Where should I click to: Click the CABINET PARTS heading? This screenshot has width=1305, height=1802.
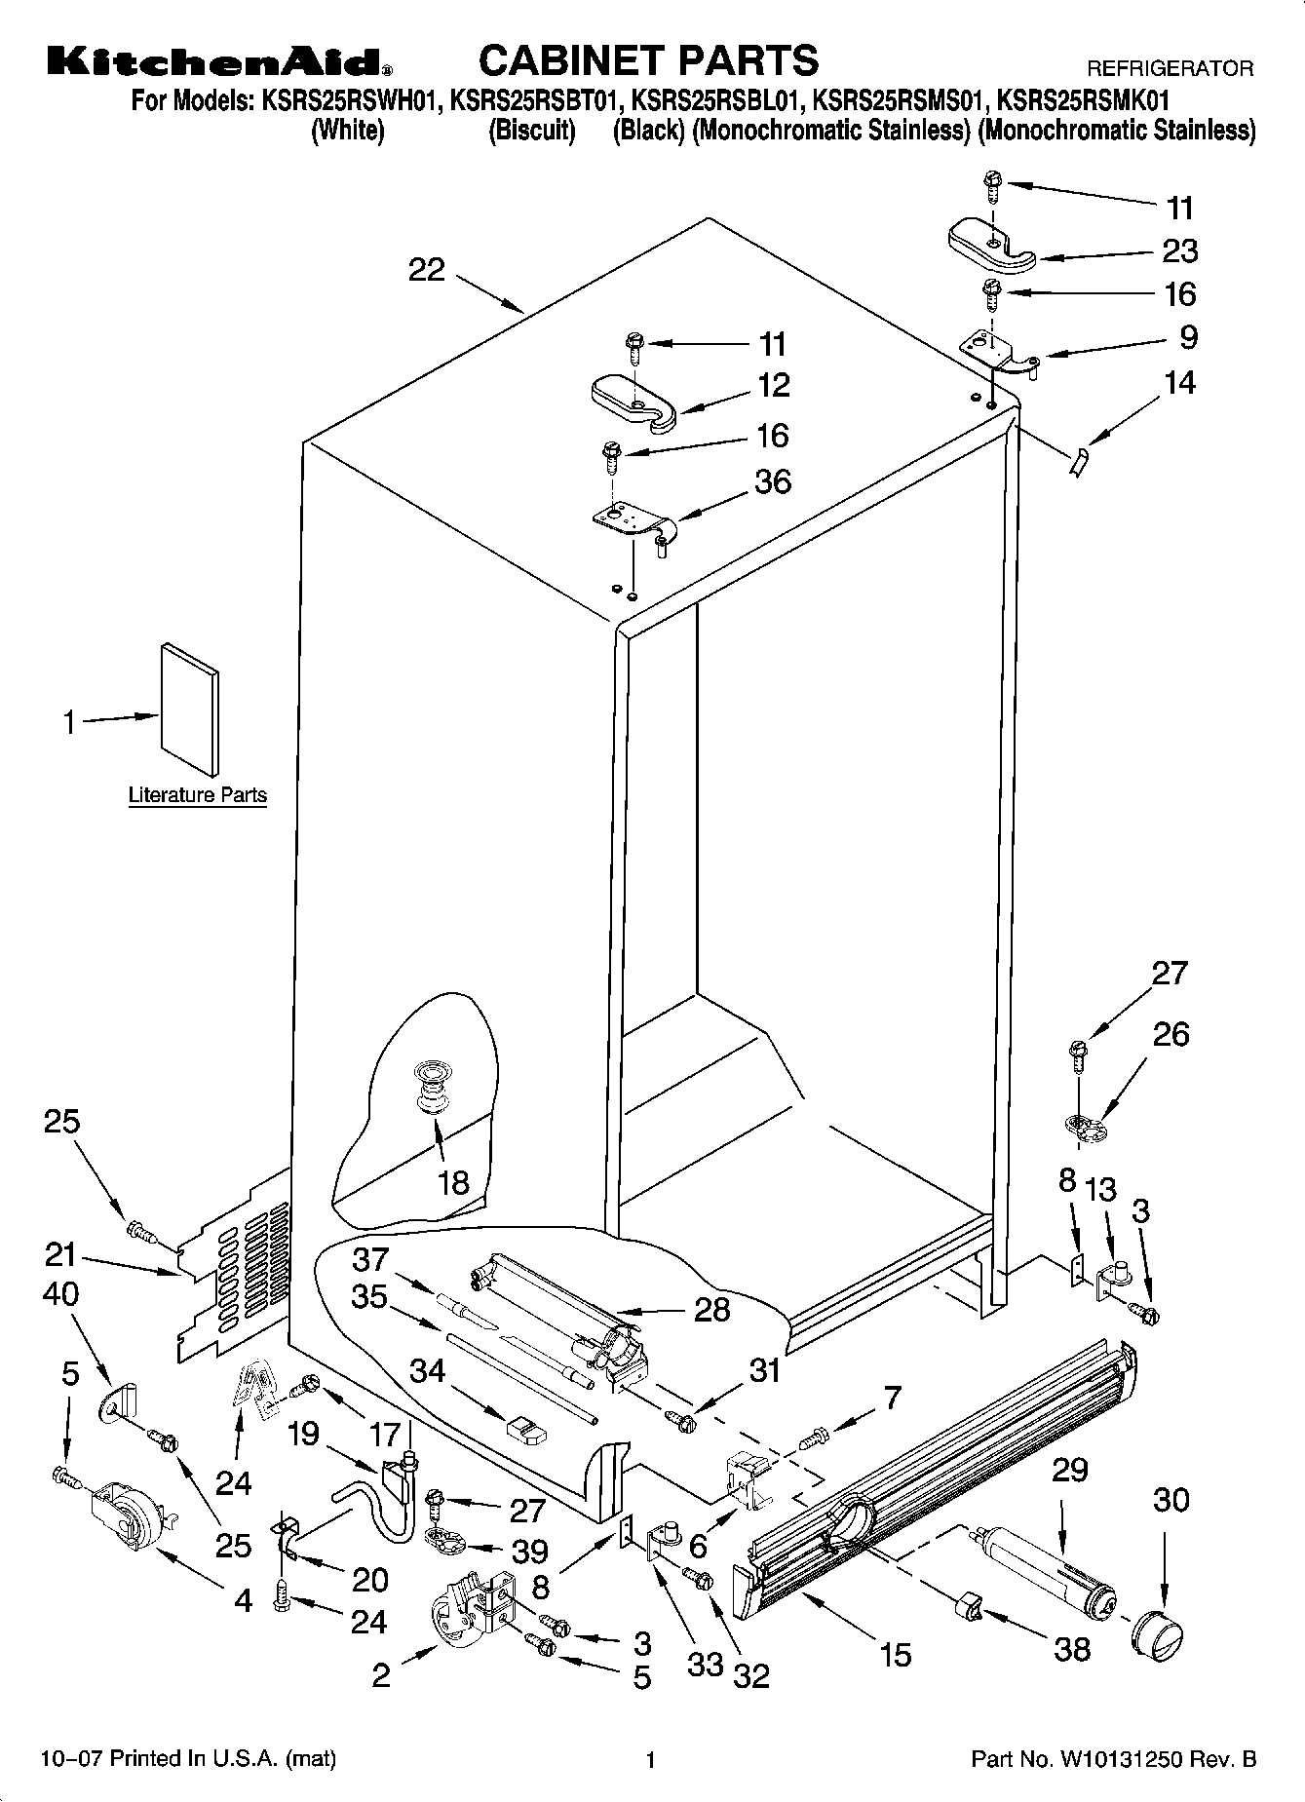coord(648,60)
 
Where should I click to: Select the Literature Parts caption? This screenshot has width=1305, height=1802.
coord(198,795)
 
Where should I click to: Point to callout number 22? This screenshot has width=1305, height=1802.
coord(426,270)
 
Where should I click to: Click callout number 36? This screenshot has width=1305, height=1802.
coord(773,481)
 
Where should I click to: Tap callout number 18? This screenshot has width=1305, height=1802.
coord(453,1182)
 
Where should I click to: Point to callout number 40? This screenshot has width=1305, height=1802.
coord(60,1294)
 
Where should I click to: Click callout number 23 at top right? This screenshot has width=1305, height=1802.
coord(1179,251)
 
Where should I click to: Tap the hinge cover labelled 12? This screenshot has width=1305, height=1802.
coord(633,402)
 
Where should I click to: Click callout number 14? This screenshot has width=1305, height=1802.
coord(1179,382)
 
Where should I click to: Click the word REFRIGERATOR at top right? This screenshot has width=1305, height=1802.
coord(1170,69)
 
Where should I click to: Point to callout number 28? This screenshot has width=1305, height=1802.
coord(711,1309)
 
